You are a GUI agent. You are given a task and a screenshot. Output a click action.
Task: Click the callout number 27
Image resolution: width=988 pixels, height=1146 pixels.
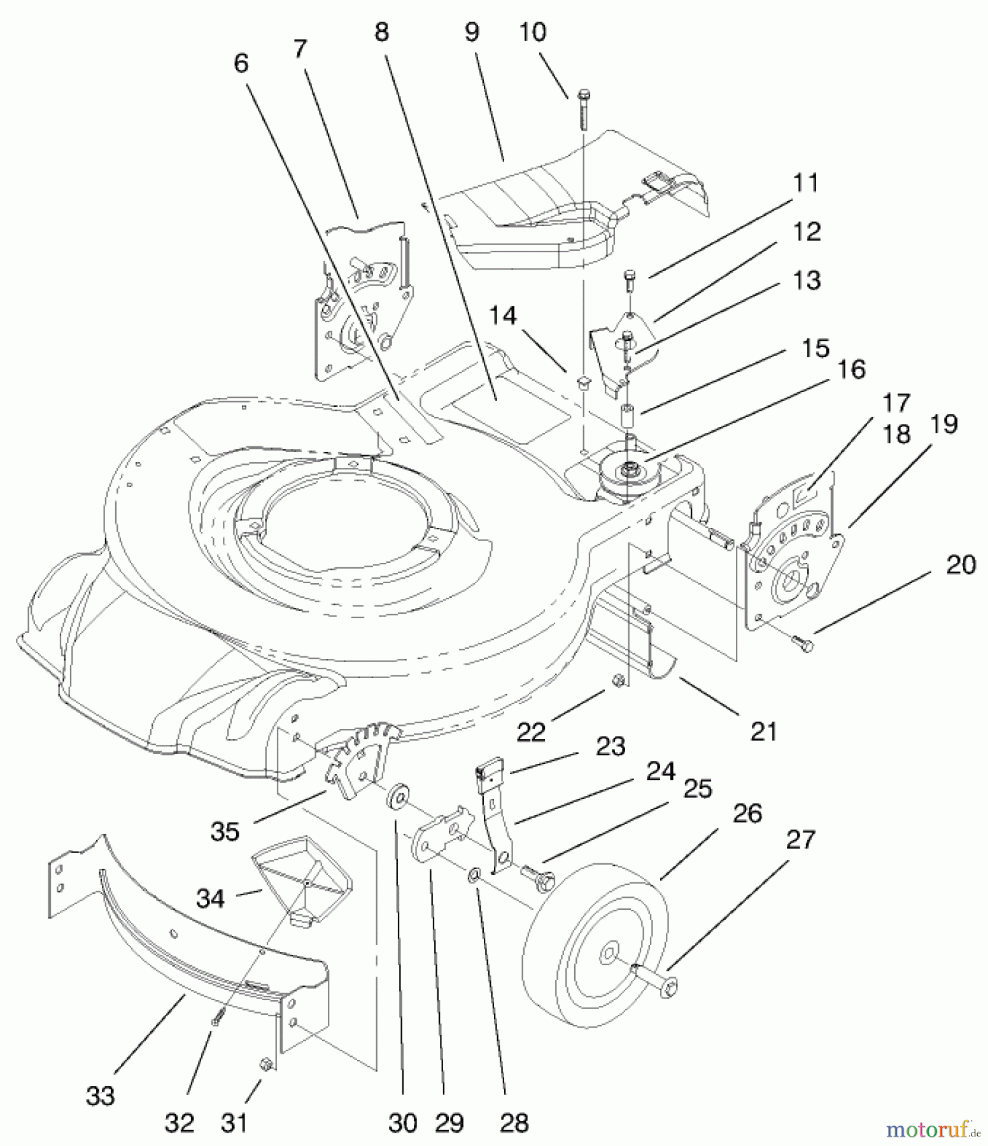point(800,840)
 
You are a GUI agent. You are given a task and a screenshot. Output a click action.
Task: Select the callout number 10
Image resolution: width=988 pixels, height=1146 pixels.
point(532,32)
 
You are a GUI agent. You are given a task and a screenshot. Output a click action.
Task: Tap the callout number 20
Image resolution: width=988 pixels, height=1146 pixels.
point(961,565)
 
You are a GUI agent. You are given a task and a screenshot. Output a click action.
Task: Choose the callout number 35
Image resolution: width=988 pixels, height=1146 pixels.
point(225,831)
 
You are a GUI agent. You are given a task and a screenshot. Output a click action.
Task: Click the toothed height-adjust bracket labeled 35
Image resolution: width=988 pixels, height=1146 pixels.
point(358,761)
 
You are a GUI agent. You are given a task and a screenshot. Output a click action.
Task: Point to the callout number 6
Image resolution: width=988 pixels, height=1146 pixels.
point(241,64)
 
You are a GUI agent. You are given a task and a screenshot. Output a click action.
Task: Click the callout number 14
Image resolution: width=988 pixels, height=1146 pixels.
point(503,316)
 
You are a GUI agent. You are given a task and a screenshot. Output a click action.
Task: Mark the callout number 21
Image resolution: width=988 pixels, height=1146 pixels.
point(763,732)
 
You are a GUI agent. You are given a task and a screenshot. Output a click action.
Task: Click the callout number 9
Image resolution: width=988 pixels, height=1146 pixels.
point(472,32)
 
